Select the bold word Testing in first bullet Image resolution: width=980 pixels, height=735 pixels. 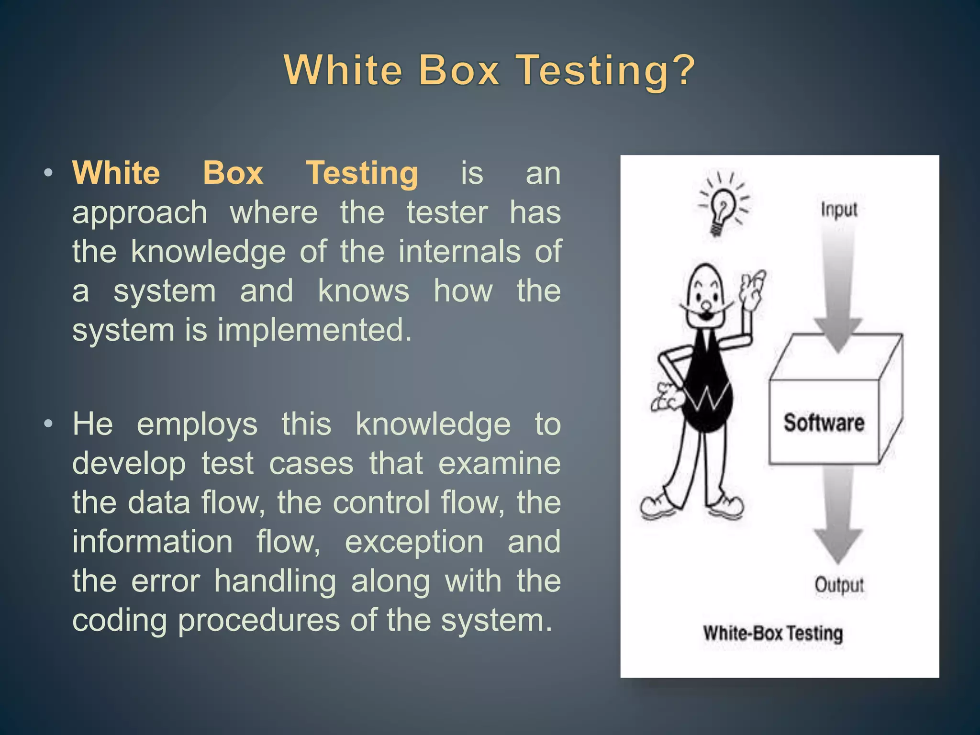pos(362,173)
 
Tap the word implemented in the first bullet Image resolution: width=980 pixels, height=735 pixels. pos(314,330)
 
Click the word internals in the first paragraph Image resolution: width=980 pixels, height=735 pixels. pos(459,252)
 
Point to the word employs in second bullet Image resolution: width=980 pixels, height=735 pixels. pos(197,425)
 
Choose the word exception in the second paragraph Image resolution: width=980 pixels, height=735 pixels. pos(414,542)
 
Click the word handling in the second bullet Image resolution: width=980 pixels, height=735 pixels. pos(275,581)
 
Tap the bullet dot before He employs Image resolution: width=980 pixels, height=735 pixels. pos(48,424)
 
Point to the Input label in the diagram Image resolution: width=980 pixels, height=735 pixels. pos(838,210)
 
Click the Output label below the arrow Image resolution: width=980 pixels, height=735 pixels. pos(838,585)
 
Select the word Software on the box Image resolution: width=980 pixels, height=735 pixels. pos(824,423)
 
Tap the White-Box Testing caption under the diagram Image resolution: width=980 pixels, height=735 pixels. pos(772,634)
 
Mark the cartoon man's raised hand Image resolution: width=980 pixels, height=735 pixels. pos(752,287)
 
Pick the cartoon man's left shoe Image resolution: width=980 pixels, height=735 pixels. pos(657,506)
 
